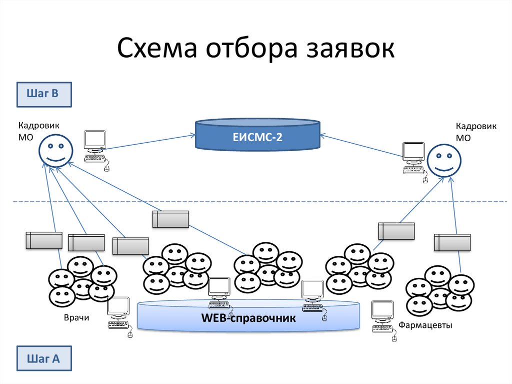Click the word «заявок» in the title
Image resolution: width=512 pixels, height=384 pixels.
point(348,50)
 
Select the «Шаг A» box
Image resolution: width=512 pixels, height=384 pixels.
point(44,358)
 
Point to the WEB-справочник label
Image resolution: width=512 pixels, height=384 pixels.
point(248,318)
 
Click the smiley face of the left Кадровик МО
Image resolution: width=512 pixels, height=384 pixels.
point(56,151)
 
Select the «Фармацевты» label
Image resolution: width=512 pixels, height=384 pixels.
point(425,325)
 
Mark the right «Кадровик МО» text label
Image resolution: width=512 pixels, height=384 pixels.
point(475,132)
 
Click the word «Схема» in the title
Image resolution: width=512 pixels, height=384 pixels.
point(157,50)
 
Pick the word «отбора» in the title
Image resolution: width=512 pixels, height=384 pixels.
point(252,50)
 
